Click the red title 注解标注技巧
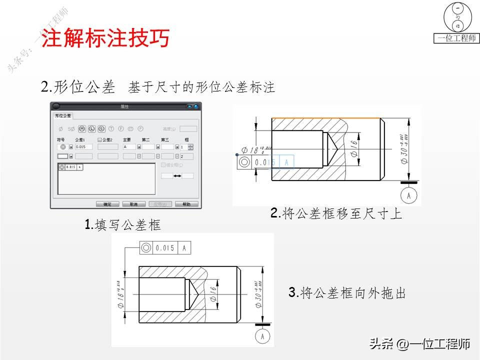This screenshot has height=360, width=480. [105, 38]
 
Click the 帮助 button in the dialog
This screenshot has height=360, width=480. [186, 204]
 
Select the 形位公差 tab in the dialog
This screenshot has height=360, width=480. [63, 115]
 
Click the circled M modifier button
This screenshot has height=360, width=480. [81, 128]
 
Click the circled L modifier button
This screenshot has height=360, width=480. [91, 128]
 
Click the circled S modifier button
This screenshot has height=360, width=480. [101, 128]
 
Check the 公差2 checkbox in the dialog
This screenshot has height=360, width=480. [100, 140]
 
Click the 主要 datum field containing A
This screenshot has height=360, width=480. [128, 147]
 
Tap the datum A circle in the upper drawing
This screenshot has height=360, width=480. [409, 195]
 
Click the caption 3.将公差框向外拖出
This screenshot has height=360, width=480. [347, 293]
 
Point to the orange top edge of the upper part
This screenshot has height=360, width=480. [325, 118]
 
